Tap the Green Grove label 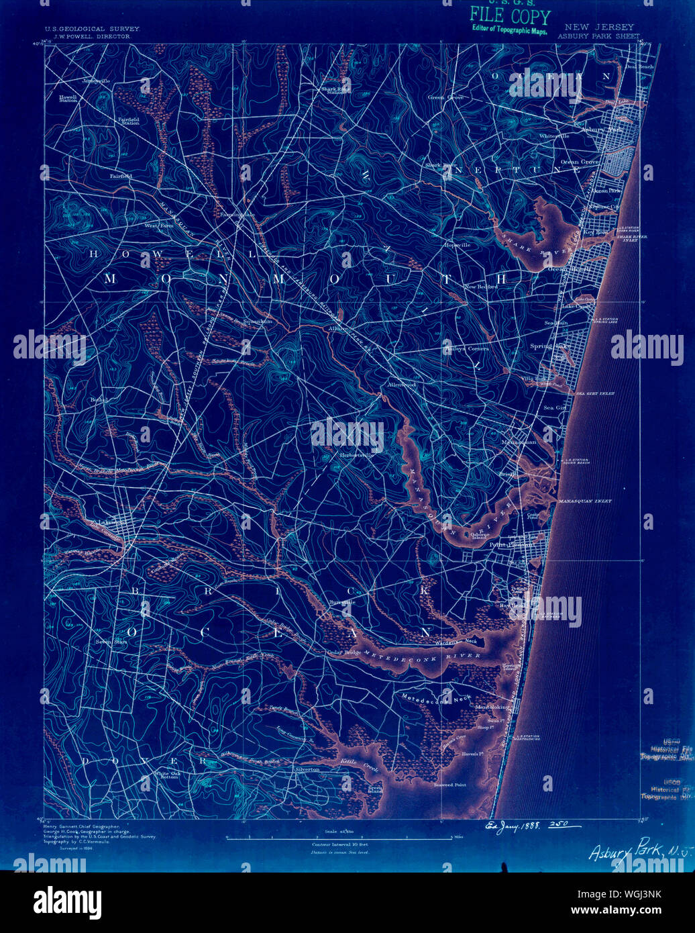[446, 97]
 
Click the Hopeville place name [457, 246]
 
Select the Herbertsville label [356, 454]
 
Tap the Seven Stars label [111, 642]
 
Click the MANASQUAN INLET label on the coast [584, 501]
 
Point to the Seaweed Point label [449, 784]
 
